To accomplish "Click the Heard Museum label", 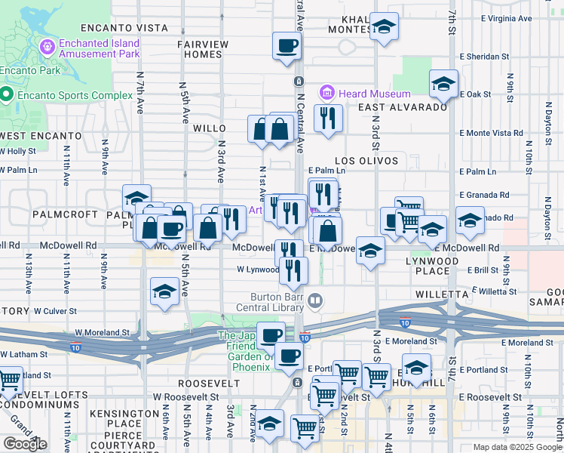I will pos(375,94).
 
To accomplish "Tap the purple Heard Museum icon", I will pos(327,94).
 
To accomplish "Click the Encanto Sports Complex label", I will pos(64,95).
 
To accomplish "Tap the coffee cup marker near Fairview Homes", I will pos(287,47).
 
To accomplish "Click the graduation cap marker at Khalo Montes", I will pos(385,28).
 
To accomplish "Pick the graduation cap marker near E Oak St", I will pos(443,85).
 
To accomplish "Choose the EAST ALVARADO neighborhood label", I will pos(403,108).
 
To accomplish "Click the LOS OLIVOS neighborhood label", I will pos(366,161).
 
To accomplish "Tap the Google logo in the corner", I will pos(25,444).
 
